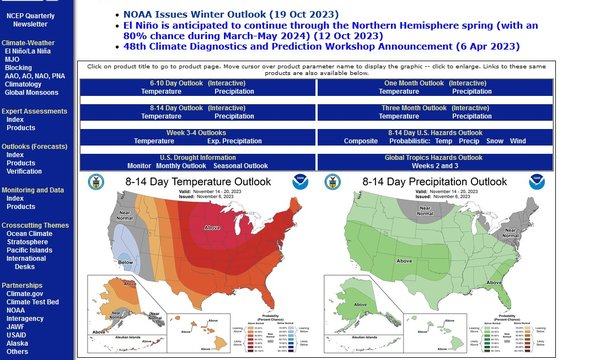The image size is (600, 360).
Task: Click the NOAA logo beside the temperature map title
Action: (301, 183)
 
